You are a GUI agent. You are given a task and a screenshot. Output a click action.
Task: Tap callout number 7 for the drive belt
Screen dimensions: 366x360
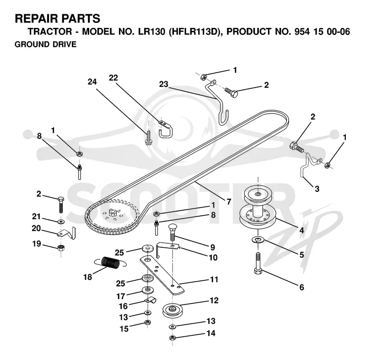229,201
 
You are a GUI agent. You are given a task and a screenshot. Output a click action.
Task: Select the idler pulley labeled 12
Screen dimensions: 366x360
172,310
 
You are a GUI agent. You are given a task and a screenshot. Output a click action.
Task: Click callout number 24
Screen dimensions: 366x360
92,82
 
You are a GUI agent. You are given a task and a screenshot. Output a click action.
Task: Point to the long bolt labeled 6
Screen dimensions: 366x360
258,263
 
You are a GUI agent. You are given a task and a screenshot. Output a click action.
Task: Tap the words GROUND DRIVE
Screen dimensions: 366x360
45,44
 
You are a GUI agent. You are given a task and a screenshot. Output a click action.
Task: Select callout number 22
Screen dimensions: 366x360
113,78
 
